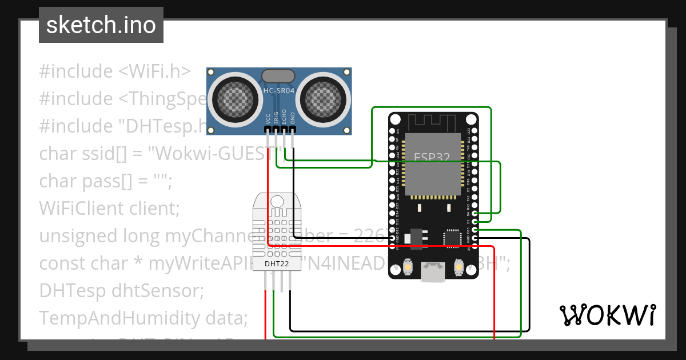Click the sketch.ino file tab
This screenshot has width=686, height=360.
coord(101,25)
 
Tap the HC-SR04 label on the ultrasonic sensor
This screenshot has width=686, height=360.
coord(278,91)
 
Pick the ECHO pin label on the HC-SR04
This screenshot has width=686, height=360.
coord(284,118)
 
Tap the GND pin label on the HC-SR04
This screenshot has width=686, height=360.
coord(293,118)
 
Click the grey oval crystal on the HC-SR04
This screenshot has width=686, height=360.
coord(278,75)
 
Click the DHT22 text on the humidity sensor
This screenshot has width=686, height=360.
coord(277,264)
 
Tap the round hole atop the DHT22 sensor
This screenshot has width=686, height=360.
coord(277,201)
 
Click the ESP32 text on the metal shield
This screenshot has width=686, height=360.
coord(432,157)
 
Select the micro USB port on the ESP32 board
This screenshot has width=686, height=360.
coord(433,273)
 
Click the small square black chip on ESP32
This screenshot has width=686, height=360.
coord(452,238)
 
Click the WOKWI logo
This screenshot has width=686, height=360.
coord(607,315)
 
